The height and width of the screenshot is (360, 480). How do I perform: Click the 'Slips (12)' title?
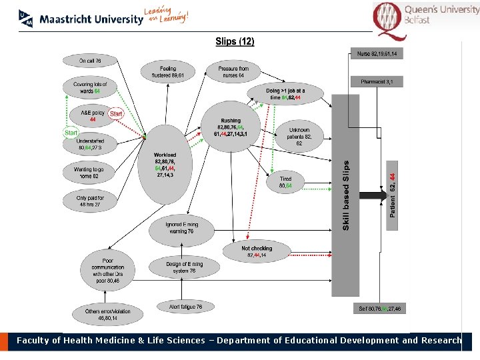click(235, 41)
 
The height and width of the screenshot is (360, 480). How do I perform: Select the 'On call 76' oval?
click(90, 61)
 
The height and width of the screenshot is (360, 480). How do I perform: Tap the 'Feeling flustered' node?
click(168, 72)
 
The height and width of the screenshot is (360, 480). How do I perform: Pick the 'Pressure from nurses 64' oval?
click(233, 72)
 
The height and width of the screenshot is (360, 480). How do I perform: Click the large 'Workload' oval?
click(165, 165)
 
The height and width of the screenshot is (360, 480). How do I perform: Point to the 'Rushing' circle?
click(231, 127)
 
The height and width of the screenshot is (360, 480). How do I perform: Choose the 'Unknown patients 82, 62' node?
click(299, 137)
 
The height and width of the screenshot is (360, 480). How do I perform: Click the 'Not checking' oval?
click(257, 251)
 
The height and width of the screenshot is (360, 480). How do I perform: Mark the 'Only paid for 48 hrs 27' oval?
click(89, 201)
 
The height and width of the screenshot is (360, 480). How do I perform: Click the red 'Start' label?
click(116, 114)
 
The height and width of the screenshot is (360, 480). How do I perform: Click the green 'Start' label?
click(71, 133)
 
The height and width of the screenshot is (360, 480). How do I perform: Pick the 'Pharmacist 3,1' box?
click(377, 81)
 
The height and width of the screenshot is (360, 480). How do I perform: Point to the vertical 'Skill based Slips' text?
click(346, 195)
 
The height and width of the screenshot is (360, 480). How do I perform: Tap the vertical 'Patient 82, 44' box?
click(393, 194)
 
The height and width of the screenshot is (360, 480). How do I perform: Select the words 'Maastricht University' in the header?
click(91, 19)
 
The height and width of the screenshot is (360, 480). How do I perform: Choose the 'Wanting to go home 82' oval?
click(89, 173)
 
